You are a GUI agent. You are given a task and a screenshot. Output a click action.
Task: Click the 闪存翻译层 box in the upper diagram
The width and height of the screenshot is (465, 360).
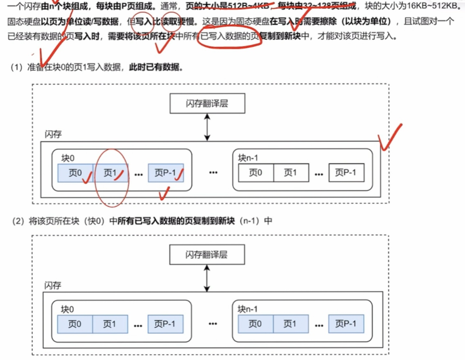(x=207, y=104)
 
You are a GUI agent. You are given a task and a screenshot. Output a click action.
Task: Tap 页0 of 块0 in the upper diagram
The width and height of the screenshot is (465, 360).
(x=75, y=173)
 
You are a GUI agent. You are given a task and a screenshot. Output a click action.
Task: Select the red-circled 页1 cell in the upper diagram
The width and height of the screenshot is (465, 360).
(x=111, y=173)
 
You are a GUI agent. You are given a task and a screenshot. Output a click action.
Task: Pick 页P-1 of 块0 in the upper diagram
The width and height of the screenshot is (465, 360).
(x=166, y=173)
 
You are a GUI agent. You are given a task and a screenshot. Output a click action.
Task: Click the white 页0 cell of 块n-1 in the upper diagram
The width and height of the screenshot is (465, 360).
(x=256, y=173)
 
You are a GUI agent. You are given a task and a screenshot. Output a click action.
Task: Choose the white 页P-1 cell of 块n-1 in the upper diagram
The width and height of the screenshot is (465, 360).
(x=346, y=173)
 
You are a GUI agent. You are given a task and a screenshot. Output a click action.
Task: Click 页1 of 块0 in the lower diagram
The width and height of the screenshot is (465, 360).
(x=110, y=324)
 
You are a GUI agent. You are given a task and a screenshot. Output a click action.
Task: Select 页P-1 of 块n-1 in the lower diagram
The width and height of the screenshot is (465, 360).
(x=346, y=324)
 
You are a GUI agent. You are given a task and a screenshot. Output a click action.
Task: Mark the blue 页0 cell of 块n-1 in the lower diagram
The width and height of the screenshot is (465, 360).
(x=256, y=324)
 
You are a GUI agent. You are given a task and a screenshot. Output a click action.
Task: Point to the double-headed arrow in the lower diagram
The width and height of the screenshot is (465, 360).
(x=207, y=279)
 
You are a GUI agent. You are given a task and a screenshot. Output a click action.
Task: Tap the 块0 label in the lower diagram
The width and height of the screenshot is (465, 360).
(x=68, y=309)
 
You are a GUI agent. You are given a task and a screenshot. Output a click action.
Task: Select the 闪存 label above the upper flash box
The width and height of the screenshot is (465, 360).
(x=53, y=135)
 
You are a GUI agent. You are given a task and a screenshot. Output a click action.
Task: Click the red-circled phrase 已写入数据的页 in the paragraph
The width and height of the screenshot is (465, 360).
(x=230, y=37)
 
